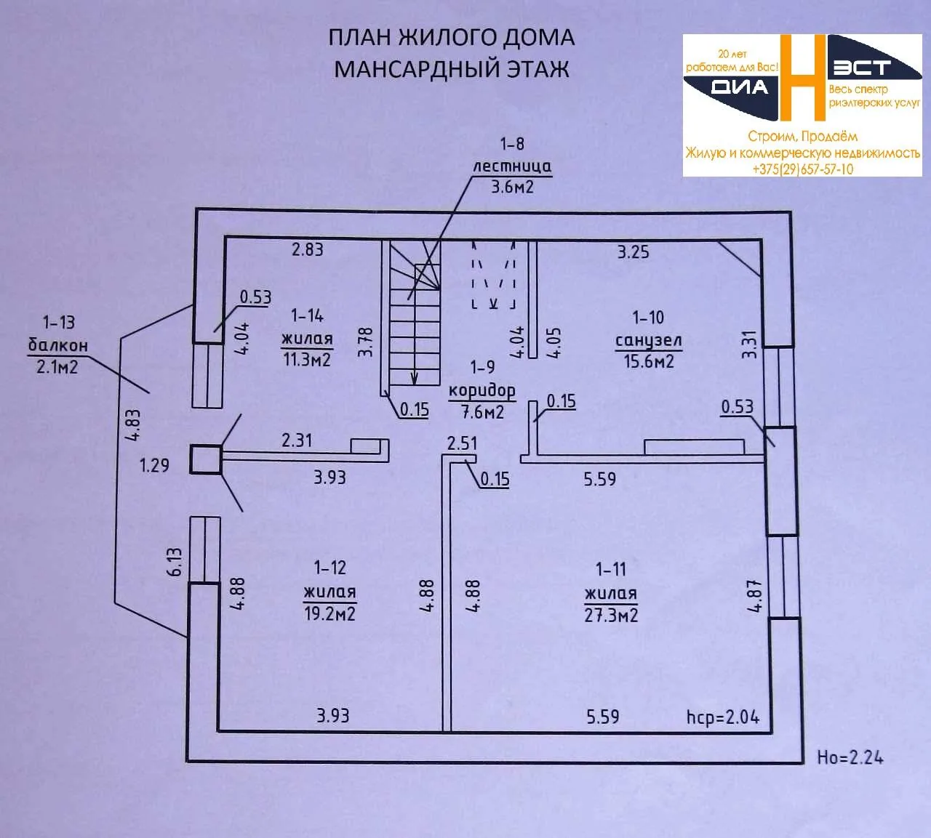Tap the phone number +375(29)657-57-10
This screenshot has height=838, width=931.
(x=803, y=169)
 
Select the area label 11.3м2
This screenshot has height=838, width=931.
(x=307, y=360)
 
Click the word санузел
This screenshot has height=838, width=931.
(x=648, y=341)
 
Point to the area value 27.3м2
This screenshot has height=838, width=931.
(x=611, y=616)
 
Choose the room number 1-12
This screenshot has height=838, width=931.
(x=330, y=568)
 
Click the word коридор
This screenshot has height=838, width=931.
(x=482, y=392)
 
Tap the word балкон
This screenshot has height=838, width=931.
(x=58, y=345)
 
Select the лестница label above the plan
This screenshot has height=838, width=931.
(x=512, y=166)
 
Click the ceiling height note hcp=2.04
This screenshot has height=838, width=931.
(x=722, y=717)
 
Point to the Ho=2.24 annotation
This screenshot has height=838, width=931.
(x=850, y=757)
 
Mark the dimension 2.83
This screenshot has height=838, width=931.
(x=307, y=249)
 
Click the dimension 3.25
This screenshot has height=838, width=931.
(x=633, y=251)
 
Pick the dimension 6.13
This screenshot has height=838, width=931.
(x=175, y=562)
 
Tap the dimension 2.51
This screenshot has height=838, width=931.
(x=462, y=443)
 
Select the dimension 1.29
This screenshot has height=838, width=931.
(x=154, y=465)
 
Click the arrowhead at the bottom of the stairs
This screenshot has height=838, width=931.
(x=414, y=379)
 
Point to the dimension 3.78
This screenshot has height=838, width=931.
(x=365, y=342)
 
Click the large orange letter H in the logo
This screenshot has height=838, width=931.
(x=802, y=78)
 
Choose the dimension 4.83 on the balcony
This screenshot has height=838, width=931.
(x=132, y=424)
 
